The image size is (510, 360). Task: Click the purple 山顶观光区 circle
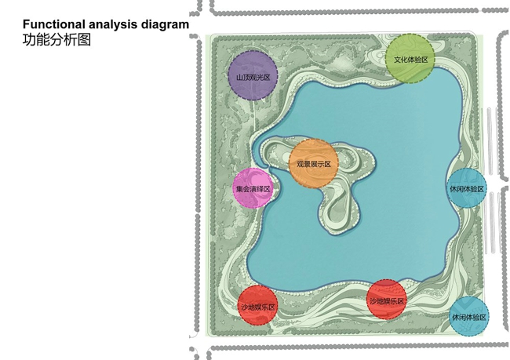point(253,75)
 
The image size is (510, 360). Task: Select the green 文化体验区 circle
point(410,59)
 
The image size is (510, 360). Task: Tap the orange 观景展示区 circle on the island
point(314,163)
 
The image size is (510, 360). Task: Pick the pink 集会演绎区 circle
point(253,188)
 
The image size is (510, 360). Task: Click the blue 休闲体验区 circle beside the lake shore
point(467,188)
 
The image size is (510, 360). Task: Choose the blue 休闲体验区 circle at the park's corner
point(469,316)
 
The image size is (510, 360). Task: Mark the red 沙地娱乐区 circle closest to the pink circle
point(257,305)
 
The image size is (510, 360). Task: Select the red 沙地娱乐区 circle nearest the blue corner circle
point(386,300)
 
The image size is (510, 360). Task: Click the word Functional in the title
point(53,24)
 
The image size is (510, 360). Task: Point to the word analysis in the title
point(113,25)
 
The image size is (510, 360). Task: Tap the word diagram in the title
point(165,25)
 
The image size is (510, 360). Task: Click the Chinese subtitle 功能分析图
point(56,40)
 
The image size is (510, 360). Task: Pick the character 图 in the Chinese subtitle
point(84,40)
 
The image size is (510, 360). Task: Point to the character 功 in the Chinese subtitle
point(29,40)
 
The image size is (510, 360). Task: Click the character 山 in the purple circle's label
point(240,78)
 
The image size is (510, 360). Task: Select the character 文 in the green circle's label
point(398,60)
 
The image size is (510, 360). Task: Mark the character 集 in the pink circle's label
point(240,189)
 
